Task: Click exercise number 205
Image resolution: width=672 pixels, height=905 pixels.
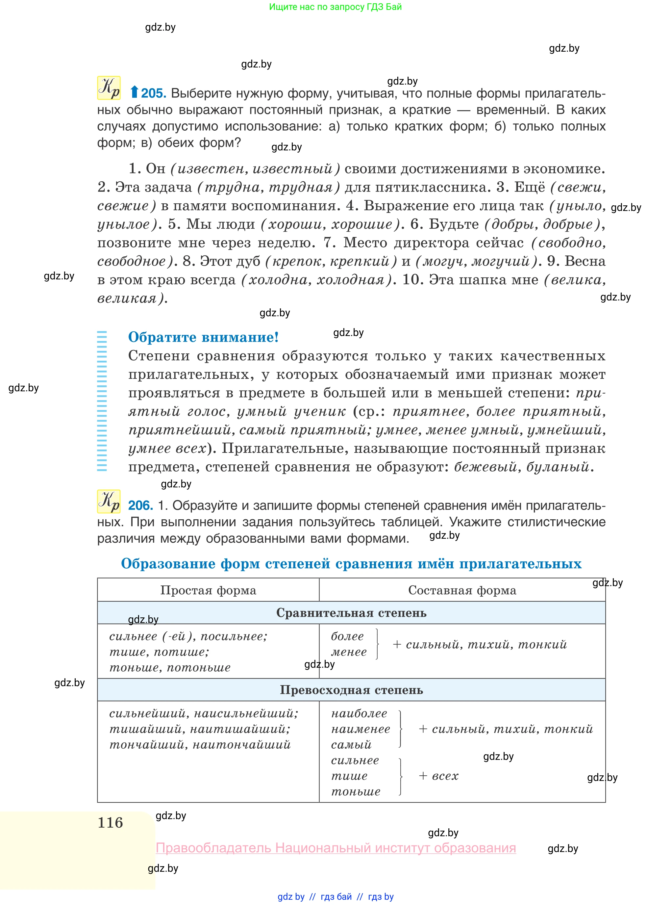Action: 153,93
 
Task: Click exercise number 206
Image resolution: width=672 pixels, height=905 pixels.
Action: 140,505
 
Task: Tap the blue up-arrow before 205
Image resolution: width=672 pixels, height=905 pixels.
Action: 134,92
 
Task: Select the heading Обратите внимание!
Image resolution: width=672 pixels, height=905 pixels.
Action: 203,337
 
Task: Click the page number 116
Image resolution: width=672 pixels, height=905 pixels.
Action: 110,822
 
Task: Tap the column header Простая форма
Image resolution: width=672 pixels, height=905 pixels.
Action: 208,590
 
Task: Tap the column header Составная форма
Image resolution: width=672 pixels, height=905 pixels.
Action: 462,590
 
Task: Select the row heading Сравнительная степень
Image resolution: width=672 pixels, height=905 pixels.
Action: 351,613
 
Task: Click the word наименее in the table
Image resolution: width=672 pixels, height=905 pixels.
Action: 361,729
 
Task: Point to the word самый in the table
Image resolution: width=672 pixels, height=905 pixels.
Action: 351,745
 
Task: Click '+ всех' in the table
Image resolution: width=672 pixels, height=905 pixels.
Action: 438,776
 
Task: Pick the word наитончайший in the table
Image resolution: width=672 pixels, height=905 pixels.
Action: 242,745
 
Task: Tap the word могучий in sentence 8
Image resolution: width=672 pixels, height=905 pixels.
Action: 500,261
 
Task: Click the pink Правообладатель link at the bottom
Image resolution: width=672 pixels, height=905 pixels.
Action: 336,848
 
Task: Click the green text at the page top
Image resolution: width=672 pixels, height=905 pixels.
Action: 335,7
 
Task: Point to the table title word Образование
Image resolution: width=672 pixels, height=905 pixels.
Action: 168,564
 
